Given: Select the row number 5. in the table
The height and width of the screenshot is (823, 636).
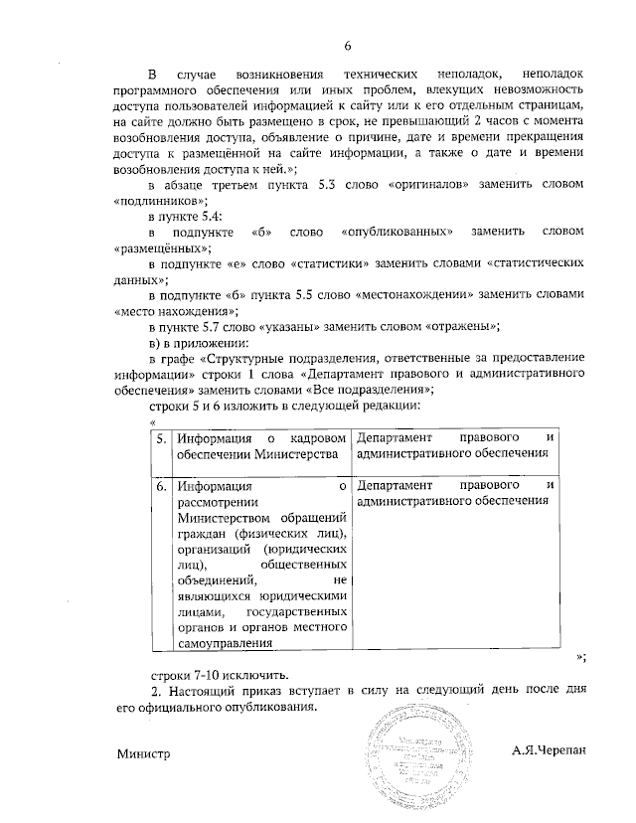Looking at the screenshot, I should coord(161,437).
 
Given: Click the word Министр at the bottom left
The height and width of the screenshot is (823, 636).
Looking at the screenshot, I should coord(144,752).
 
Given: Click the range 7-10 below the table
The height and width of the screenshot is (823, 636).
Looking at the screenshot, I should coord(202,672).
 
